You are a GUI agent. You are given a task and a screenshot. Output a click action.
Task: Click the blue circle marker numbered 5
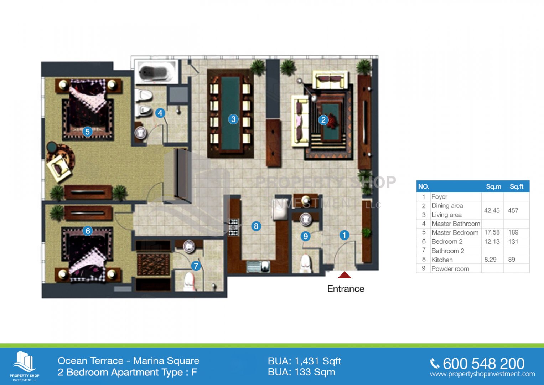click(x=87, y=132)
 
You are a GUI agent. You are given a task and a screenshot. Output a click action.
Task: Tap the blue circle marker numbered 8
click(x=256, y=226)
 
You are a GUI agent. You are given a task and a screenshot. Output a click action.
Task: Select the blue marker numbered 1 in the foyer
click(x=344, y=235)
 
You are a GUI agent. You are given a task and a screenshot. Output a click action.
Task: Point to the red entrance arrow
click(x=344, y=275)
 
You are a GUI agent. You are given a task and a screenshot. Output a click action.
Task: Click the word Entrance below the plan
click(x=346, y=289)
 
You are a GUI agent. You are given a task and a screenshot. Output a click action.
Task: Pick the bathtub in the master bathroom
click(x=156, y=71)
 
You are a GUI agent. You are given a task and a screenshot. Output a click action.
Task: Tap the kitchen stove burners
click(x=233, y=227)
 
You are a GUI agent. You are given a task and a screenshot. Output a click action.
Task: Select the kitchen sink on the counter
click(x=258, y=266)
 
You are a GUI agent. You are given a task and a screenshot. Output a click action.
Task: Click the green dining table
click(x=230, y=114)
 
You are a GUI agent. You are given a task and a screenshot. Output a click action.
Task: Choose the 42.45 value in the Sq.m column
click(x=492, y=210)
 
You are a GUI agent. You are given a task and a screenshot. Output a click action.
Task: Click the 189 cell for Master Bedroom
click(x=513, y=232)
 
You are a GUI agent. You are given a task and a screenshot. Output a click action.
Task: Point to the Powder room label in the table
click(x=450, y=269)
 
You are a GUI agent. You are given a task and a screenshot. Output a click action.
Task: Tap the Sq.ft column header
click(x=517, y=187)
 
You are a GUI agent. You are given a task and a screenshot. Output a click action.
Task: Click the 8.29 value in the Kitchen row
click(x=490, y=260)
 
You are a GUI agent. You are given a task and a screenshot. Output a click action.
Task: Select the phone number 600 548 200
click(x=483, y=364)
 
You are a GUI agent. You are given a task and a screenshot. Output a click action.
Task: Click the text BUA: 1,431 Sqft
click(x=304, y=361)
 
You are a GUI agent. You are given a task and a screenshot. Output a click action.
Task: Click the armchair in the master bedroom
click(x=59, y=168)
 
